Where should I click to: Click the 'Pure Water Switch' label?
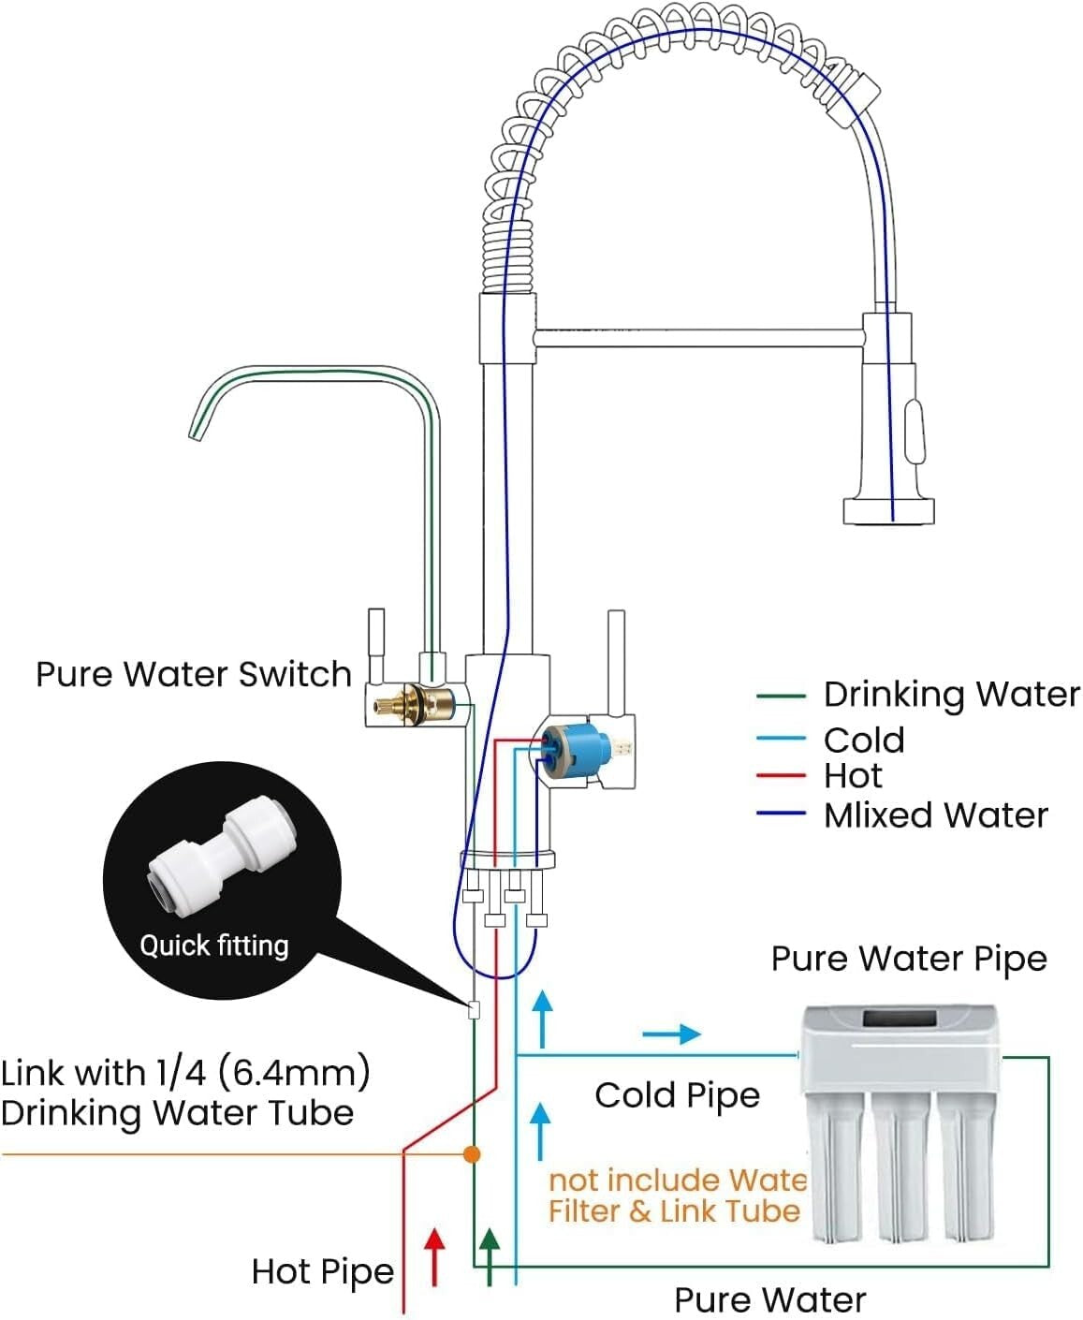pos(193,674)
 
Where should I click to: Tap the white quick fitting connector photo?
pos(222,857)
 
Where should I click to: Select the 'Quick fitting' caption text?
pos(214,945)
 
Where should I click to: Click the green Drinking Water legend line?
pos(781,696)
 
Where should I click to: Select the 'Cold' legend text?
pos(863,740)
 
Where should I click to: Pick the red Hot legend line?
pos(781,776)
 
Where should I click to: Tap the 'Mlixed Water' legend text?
pos(935,814)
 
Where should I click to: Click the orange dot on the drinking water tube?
pos(472,1154)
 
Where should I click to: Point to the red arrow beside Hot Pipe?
pos(433,1255)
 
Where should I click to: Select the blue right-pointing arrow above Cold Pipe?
pos(672,1034)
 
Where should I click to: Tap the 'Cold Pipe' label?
pos(677,1094)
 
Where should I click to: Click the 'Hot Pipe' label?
pos(323,1270)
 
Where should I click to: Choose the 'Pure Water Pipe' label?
pos(908,959)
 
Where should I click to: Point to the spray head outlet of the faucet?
pos(888,511)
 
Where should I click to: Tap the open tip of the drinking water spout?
pos(197,429)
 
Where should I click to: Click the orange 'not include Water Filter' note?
pos(675,1195)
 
